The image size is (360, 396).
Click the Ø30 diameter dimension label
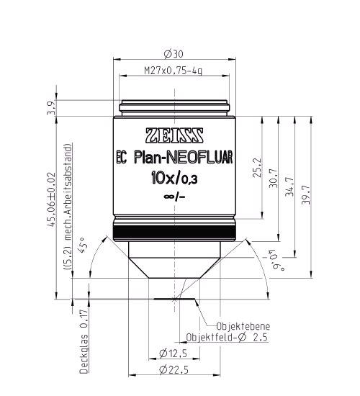tap(174, 54)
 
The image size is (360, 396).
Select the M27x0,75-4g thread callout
tap(174, 71)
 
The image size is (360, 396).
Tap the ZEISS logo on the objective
tap(174, 135)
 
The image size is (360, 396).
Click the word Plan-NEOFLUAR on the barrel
tap(184, 158)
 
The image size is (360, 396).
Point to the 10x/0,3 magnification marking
tap(174, 179)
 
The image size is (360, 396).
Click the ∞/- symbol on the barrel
tap(174, 197)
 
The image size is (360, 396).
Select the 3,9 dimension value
tap(51, 108)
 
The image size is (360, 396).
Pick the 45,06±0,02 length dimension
tap(52, 199)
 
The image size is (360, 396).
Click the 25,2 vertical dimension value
tap(258, 168)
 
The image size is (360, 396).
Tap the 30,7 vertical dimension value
tap(274, 178)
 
